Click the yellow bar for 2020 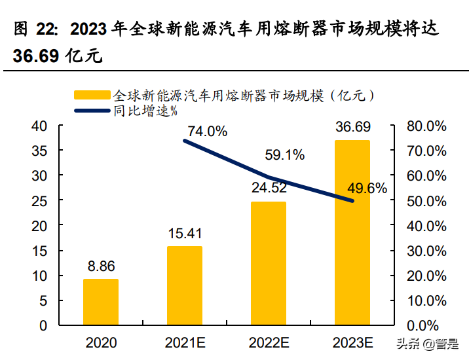click(x=101, y=302)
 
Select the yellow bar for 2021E click(x=185, y=285)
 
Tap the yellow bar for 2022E click(x=269, y=263)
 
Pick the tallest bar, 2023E click(x=352, y=232)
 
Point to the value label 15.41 click(x=185, y=234)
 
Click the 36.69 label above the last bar click(x=352, y=126)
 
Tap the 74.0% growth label click(x=207, y=132)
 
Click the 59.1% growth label click(x=285, y=155)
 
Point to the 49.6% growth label click(x=367, y=189)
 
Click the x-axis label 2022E click(x=269, y=343)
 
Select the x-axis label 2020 click(x=101, y=343)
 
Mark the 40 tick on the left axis click(x=39, y=126)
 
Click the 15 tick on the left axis click(x=39, y=251)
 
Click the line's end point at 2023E click(x=352, y=200)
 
